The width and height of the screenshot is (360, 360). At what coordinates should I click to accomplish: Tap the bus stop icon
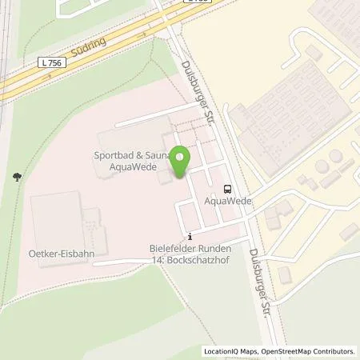click(229, 189)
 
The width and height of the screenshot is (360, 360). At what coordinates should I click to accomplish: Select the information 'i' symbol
click(190, 236)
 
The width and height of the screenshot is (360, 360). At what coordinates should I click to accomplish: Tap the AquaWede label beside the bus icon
click(229, 201)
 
